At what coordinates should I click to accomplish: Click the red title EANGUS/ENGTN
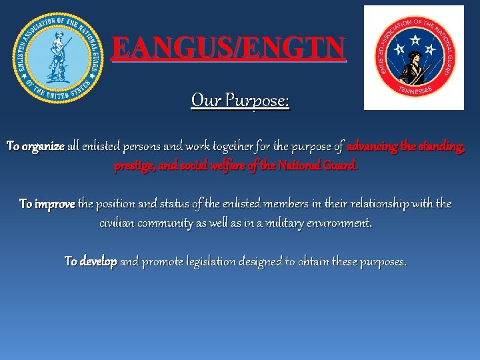(229, 48)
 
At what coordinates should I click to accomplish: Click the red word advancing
(373, 146)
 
